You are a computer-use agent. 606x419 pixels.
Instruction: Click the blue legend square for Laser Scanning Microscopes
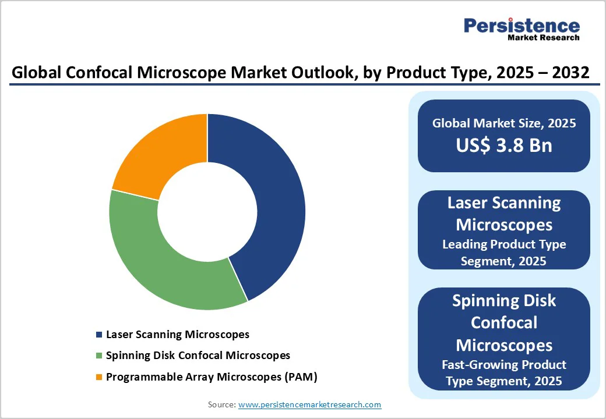click(x=98, y=335)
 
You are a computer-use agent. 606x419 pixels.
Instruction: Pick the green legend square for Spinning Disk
click(x=98, y=356)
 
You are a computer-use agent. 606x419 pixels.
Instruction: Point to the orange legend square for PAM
click(x=98, y=377)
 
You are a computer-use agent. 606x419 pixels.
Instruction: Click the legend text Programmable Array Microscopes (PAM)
click(x=211, y=377)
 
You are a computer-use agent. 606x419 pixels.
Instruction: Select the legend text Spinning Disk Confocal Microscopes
click(x=198, y=356)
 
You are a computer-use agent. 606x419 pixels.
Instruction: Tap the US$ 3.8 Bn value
click(x=504, y=145)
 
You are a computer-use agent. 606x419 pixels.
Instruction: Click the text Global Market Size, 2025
click(x=504, y=123)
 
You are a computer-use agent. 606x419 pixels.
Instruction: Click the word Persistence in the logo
click(x=522, y=26)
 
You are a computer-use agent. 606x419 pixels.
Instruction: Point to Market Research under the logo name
click(x=543, y=38)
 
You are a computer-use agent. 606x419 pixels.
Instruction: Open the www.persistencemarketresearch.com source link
click(x=309, y=404)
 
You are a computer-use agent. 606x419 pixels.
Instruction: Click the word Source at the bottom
click(x=221, y=404)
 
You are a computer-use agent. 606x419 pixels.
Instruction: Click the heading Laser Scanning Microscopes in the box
click(x=504, y=213)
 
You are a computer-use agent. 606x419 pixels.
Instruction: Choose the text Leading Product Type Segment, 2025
click(x=504, y=253)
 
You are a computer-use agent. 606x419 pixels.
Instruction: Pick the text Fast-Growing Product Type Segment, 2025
click(x=504, y=373)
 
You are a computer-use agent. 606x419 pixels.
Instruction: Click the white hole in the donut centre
click(x=207, y=212)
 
